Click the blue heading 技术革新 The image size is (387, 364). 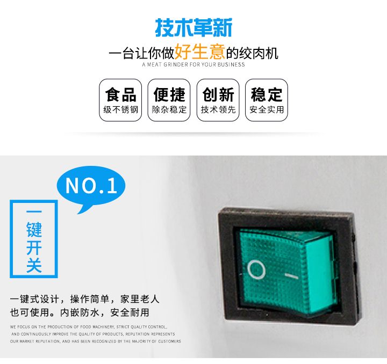tap(193, 27)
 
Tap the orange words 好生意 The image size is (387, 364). tap(199, 52)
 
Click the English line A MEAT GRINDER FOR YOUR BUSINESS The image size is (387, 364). tap(193, 64)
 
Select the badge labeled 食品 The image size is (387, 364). tap(120, 100)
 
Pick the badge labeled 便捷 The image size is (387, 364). tap(169, 100)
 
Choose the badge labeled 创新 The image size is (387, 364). tap(218, 100)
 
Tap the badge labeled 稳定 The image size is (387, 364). tap(267, 100)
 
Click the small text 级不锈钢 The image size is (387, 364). tap(121, 110)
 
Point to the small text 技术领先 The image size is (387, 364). tap(218, 110)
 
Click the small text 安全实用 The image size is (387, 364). tap(267, 110)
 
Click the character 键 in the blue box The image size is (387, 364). tap(34, 229)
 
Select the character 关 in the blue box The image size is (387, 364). tap(34, 265)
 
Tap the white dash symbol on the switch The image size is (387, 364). tap(291, 276)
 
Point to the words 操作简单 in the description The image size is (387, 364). tap(90, 299)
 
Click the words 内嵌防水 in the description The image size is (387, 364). tap(80, 312)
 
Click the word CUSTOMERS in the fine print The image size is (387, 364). tap(169, 341)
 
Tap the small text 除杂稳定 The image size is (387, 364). tap(169, 110)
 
